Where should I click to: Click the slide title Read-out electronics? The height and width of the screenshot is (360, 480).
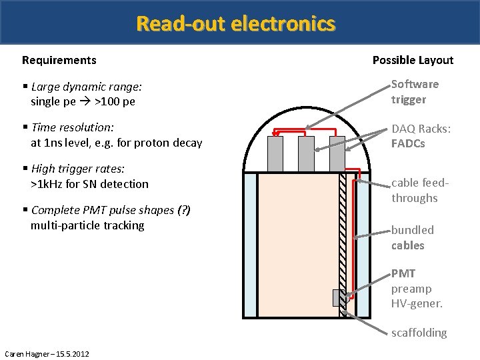click(x=235, y=24)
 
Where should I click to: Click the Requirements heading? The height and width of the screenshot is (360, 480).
click(x=59, y=60)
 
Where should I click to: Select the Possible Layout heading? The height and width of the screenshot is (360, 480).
click(x=413, y=60)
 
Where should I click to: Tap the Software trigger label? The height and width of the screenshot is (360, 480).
click(x=415, y=92)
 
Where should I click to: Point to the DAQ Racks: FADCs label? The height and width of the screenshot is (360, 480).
click(x=417, y=136)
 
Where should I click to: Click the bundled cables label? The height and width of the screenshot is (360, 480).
click(x=412, y=237)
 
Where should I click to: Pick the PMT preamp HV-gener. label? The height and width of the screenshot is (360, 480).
click(x=417, y=289)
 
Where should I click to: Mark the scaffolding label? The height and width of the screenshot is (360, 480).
click(x=419, y=333)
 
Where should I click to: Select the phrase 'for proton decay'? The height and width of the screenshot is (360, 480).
click(x=162, y=143)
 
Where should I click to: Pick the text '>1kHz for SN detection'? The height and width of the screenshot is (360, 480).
click(x=89, y=184)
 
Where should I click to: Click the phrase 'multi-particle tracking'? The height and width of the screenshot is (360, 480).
click(x=87, y=225)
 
